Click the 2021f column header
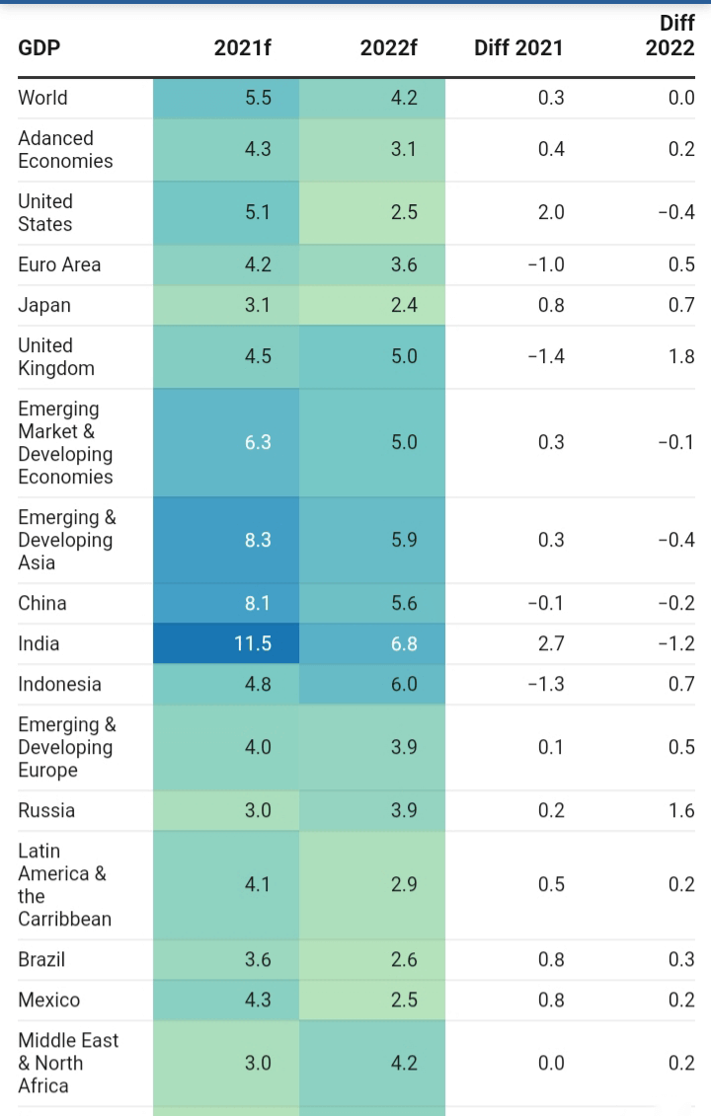(x=242, y=47)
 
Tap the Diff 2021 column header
(x=518, y=47)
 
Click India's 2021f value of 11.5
(x=253, y=643)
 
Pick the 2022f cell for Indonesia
(x=403, y=684)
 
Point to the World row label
(x=42, y=98)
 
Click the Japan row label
(x=44, y=305)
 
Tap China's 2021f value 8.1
(x=258, y=603)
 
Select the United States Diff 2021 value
(x=551, y=212)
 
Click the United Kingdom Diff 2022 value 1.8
(x=682, y=356)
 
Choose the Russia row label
(x=46, y=810)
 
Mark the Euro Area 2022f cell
(x=403, y=264)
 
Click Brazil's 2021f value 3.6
(x=258, y=959)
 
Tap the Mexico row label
(x=48, y=1000)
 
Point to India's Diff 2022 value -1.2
(x=676, y=643)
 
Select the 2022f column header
(x=388, y=47)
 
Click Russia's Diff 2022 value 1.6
(x=682, y=810)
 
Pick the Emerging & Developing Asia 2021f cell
(x=258, y=540)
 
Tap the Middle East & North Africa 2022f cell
(x=403, y=1063)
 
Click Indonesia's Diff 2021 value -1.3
(x=545, y=684)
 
